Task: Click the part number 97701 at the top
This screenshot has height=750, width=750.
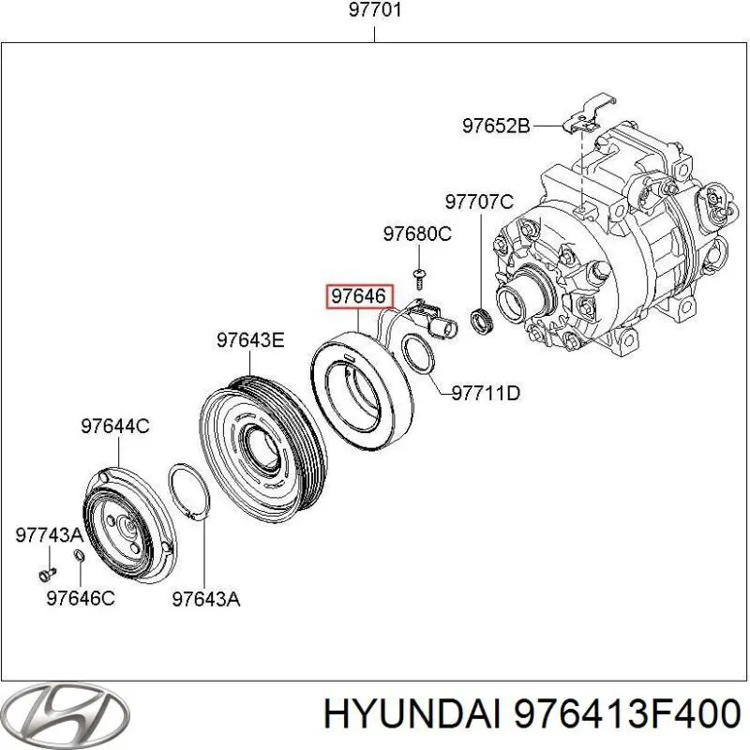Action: (x=375, y=11)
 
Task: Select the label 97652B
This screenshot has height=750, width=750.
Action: (x=496, y=125)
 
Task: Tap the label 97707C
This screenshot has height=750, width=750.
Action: (x=479, y=201)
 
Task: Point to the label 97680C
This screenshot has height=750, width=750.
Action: (x=416, y=234)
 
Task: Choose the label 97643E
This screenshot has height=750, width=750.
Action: (x=249, y=339)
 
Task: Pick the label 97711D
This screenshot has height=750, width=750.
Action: (x=486, y=394)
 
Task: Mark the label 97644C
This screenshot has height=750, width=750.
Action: (x=114, y=426)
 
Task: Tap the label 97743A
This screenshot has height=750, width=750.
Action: (x=49, y=534)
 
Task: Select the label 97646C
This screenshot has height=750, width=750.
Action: (x=81, y=597)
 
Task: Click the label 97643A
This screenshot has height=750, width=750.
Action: (x=205, y=597)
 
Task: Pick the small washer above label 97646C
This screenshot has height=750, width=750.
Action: (x=79, y=559)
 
